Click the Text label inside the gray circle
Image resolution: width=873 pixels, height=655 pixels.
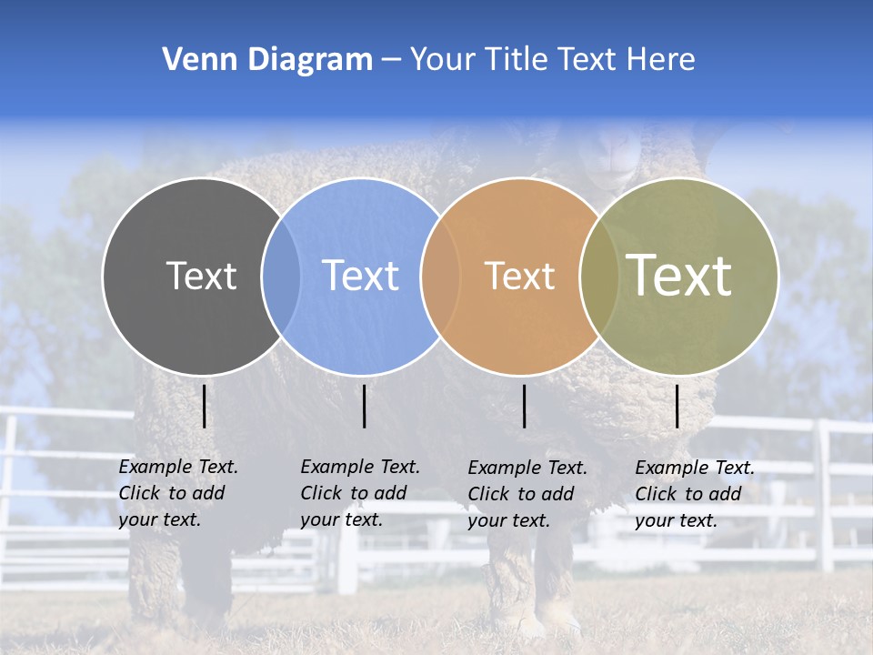(x=201, y=276)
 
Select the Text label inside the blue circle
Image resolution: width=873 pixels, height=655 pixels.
(x=360, y=276)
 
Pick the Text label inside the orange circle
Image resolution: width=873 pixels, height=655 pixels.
(x=519, y=276)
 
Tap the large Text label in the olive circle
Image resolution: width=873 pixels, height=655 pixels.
(x=679, y=276)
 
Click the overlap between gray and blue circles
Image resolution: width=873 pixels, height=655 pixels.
(x=281, y=276)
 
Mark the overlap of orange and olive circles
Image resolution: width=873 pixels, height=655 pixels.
(x=599, y=276)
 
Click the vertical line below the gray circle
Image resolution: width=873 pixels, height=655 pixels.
(x=205, y=406)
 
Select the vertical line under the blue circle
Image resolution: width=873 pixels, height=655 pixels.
(x=364, y=406)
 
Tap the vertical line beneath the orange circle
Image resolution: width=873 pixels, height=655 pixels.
(x=525, y=406)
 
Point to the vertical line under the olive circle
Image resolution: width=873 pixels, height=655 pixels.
(x=677, y=406)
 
